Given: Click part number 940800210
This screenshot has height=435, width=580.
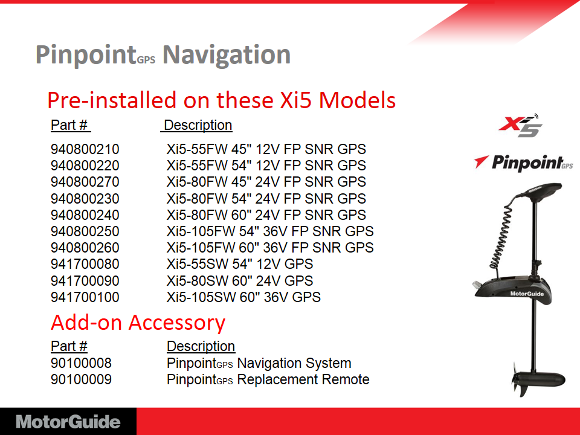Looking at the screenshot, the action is click(85, 149).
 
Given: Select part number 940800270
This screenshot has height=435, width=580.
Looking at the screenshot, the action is click(85, 182).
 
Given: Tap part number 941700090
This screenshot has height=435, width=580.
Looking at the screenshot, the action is click(85, 281).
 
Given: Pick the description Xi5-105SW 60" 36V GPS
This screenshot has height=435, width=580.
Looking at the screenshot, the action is click(243, 297).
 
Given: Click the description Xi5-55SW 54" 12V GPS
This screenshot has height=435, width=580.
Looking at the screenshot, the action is click(240, 264).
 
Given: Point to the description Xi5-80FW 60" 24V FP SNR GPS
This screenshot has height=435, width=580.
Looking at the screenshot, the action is click(266, 215).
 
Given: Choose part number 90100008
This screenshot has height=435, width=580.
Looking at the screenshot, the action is click(81, 363).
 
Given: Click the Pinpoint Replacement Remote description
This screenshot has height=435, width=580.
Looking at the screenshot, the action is click(268, 379).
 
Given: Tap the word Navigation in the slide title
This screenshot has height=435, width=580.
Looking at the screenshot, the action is click(227, 55).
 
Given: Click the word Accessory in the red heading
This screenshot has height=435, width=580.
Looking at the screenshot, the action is click(177, 323).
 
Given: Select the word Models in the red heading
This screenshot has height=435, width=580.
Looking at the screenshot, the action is click(357, 100).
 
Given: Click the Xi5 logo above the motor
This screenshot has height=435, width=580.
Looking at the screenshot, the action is click(520, 126).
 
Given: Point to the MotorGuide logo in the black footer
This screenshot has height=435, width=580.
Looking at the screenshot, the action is click(68, 422).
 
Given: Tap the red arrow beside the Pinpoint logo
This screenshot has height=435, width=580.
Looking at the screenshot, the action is click(481, 162).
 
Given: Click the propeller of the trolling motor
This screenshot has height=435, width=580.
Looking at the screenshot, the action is click(520, 380).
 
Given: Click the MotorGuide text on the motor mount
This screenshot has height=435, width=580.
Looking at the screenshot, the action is click(527, 294).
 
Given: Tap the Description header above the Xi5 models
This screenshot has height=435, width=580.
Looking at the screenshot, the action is click(198, 125).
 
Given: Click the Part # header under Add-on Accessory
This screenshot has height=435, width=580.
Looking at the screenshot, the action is click(69, 346).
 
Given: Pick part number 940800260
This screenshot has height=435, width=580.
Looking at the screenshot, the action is click(85, 248).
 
